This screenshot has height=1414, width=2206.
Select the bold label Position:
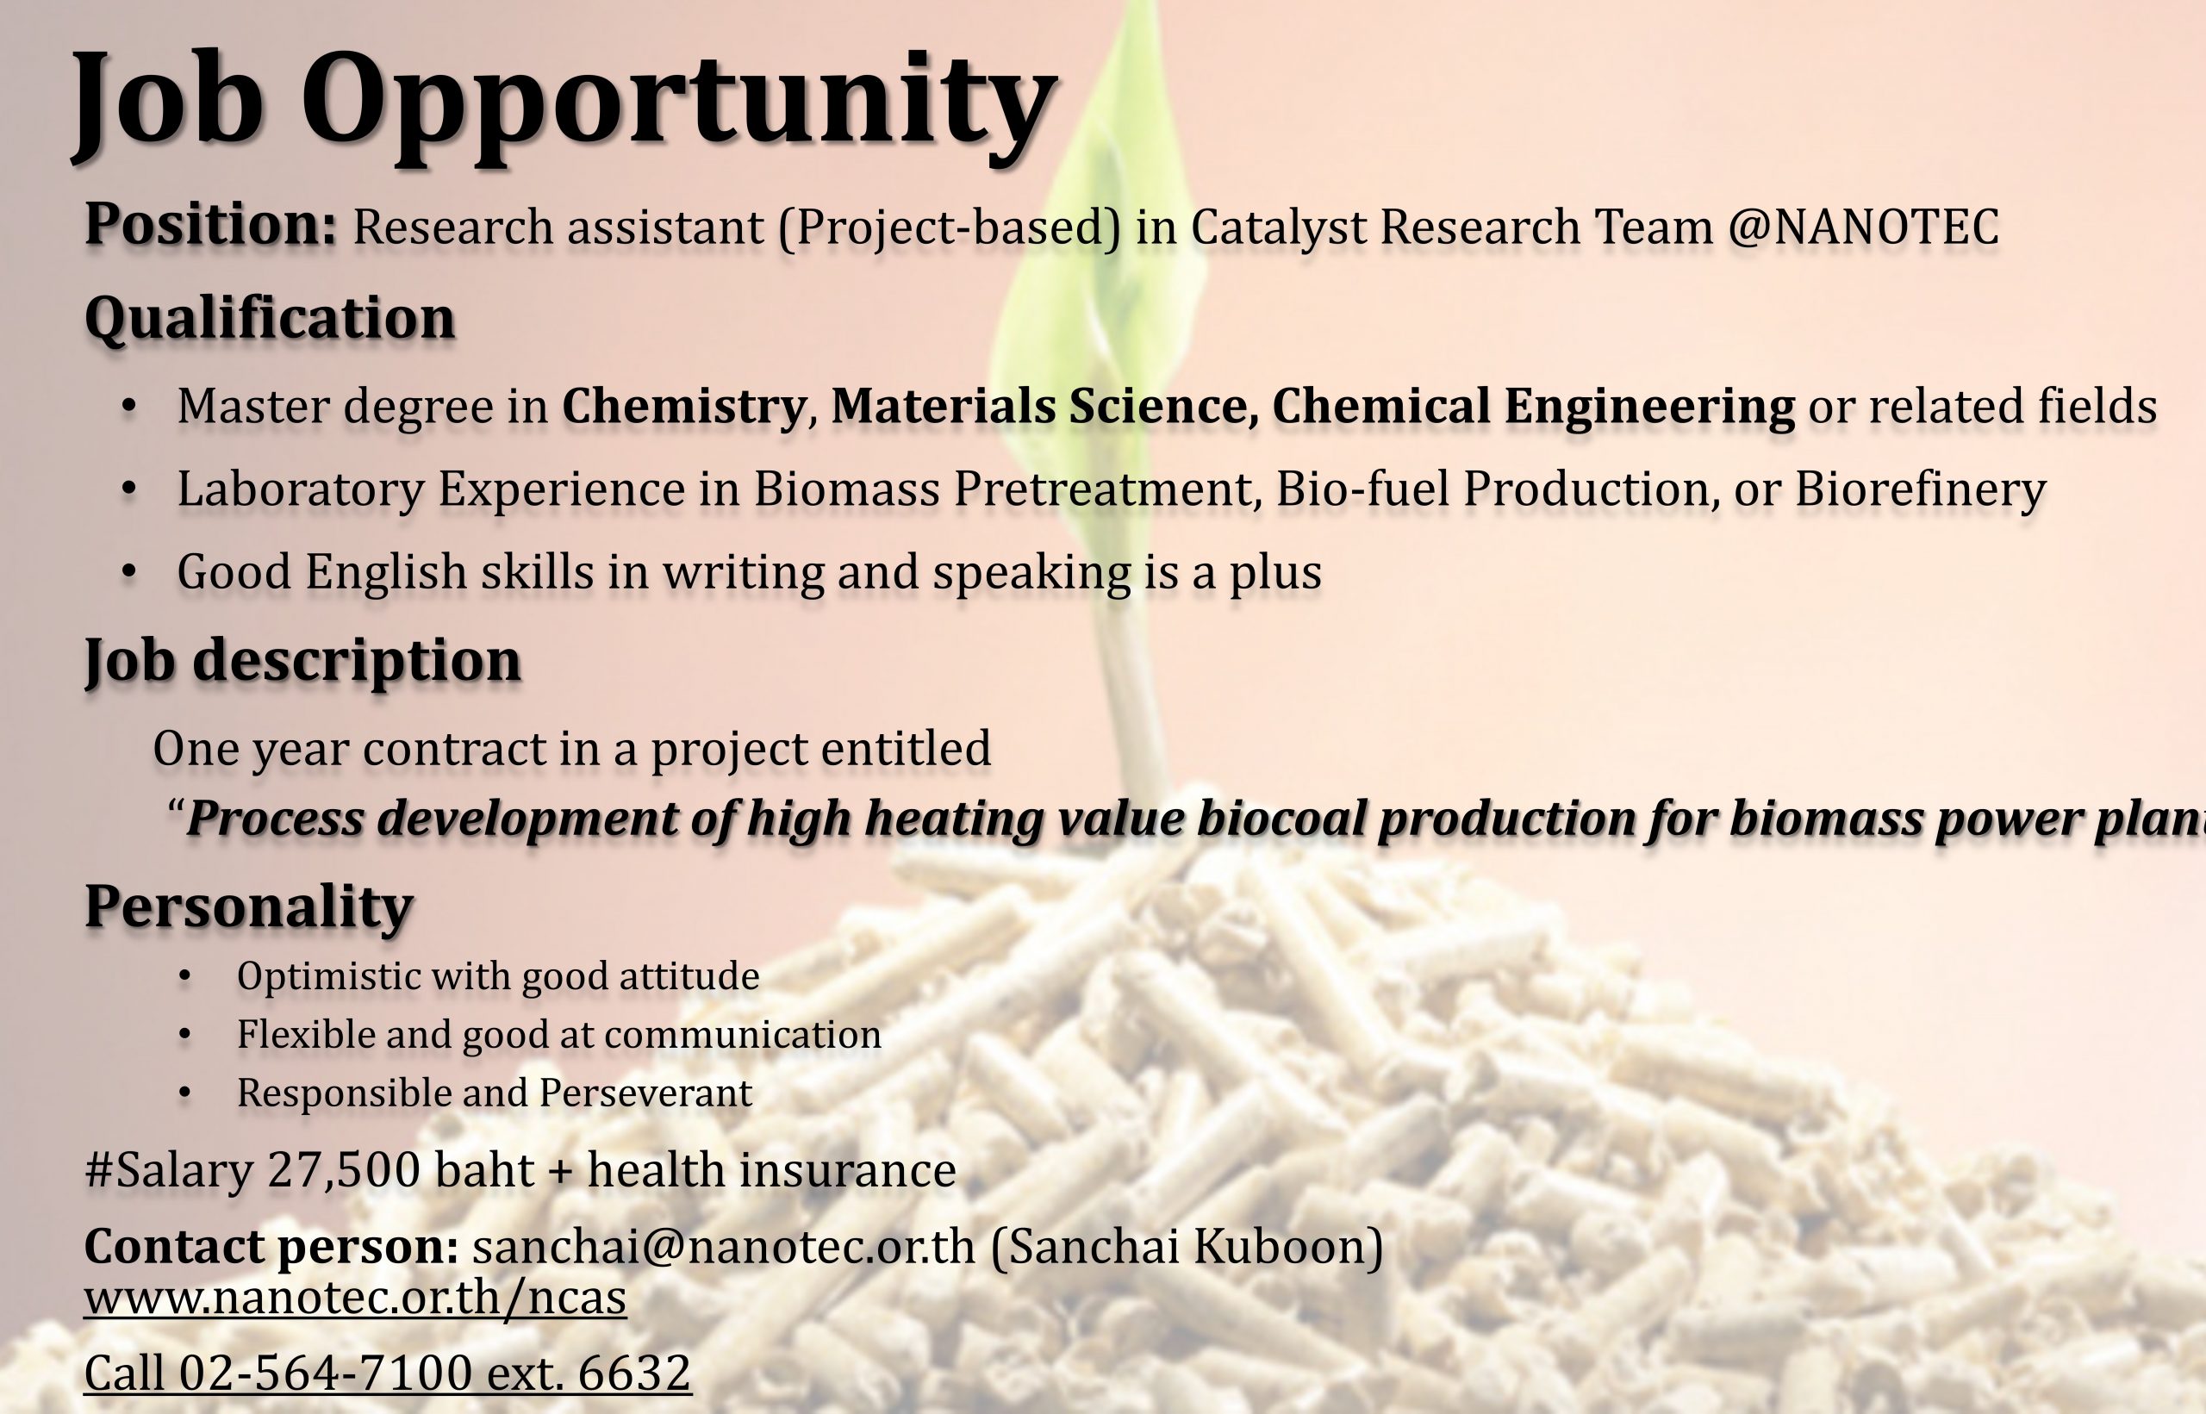click(211, 225)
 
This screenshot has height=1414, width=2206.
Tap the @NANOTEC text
click(1863, 227)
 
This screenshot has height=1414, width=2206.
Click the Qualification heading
click(270, 319)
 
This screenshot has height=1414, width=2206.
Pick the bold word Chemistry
click(684, 406)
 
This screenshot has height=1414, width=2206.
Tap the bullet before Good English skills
click(129, 572)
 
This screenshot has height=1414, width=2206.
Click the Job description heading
click(303, 660)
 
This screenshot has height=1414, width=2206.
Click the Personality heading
click(249, 906)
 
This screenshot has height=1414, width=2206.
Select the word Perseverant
click(645, 1093)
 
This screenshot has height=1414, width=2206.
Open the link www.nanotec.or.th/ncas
click(355, 1298)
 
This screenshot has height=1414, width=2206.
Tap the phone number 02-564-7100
click(325, 1374)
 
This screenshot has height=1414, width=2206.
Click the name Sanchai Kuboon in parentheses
click(1186, 1246)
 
